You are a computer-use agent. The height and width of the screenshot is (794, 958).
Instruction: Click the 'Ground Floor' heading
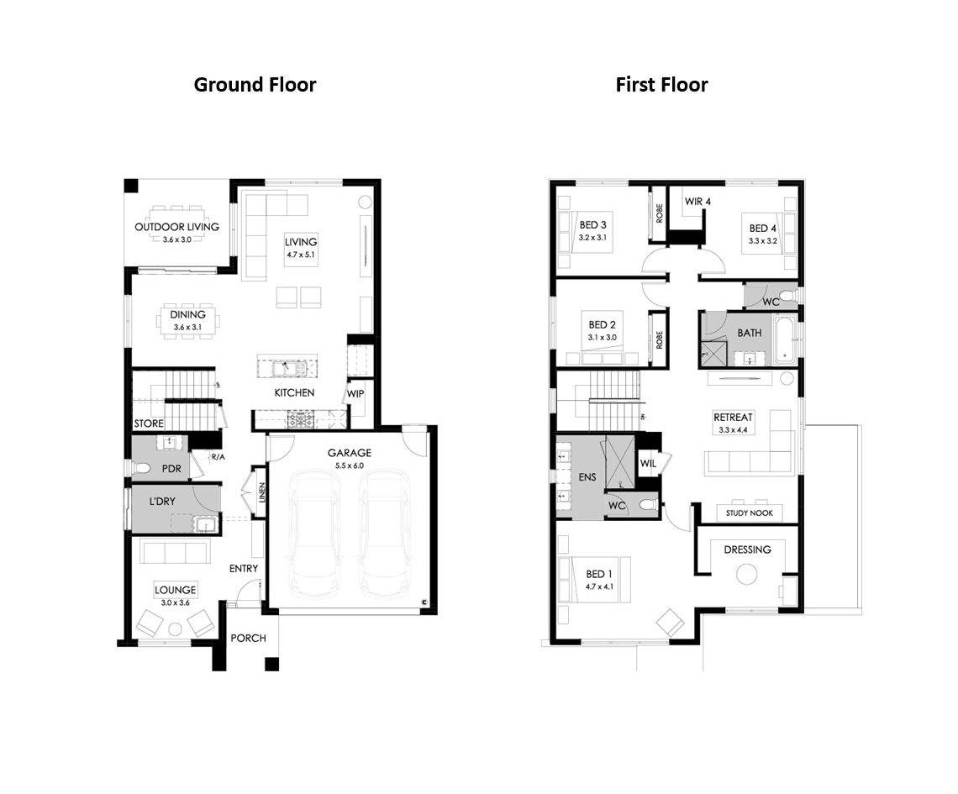click(255, 84)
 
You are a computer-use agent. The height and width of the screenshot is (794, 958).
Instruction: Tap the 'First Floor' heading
click(661, 84)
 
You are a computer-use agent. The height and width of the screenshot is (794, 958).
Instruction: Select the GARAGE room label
click(350, 453)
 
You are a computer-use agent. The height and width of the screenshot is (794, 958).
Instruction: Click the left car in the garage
click(316, 534)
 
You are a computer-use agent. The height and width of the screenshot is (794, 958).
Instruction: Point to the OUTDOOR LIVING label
click(176, 227)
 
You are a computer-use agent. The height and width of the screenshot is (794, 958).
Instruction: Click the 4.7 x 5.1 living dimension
click(301, 255)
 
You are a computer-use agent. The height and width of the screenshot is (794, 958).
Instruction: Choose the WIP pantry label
click(355, 394)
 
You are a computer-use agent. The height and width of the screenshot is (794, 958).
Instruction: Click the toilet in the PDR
click(141, 469)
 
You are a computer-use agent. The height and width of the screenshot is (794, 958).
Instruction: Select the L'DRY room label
click(162, 502)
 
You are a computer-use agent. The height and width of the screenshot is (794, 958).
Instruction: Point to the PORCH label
click(248, 639)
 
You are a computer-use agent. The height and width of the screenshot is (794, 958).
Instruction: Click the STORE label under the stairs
click(149, 423)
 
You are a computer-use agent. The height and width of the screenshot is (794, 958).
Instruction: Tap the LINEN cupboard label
click(262, 492)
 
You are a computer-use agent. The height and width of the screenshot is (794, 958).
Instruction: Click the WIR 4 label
click(697, 202)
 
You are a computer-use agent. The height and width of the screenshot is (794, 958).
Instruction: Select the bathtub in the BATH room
click(786, 339)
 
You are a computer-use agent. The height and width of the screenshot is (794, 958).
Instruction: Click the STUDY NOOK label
click(749, 513)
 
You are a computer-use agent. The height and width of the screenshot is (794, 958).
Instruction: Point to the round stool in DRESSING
click(746, 574)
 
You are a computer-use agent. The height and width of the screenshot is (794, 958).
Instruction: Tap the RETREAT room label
click(733, 418)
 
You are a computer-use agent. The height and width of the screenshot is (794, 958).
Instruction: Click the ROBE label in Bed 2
click(659, 340)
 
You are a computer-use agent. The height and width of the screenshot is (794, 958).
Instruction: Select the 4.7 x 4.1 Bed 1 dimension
click(599, 587)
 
